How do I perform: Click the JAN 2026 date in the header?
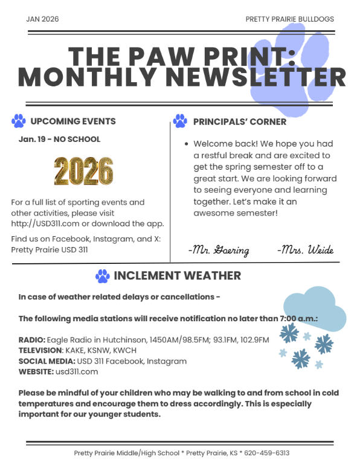click(x=43, y=19)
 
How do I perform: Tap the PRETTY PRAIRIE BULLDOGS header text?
click(x=289, y=19)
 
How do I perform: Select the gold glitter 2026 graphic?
click(x=83, y=171)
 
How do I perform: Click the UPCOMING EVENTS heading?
click(x=73, y=121)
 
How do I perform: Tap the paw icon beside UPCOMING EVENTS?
click(x=19, y=121)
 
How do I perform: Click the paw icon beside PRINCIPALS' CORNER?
click(x=180, y=121)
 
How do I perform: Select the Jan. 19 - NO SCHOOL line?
click(x=60, y=139)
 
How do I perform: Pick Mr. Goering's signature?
click(x=218, y=250)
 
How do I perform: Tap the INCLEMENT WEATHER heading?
click(x=178, y=276)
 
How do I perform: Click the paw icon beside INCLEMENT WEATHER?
click(x=103, y=276)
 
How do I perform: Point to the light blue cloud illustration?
click(x=315, y=309)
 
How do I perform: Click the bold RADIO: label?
click(x=32, y=340)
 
